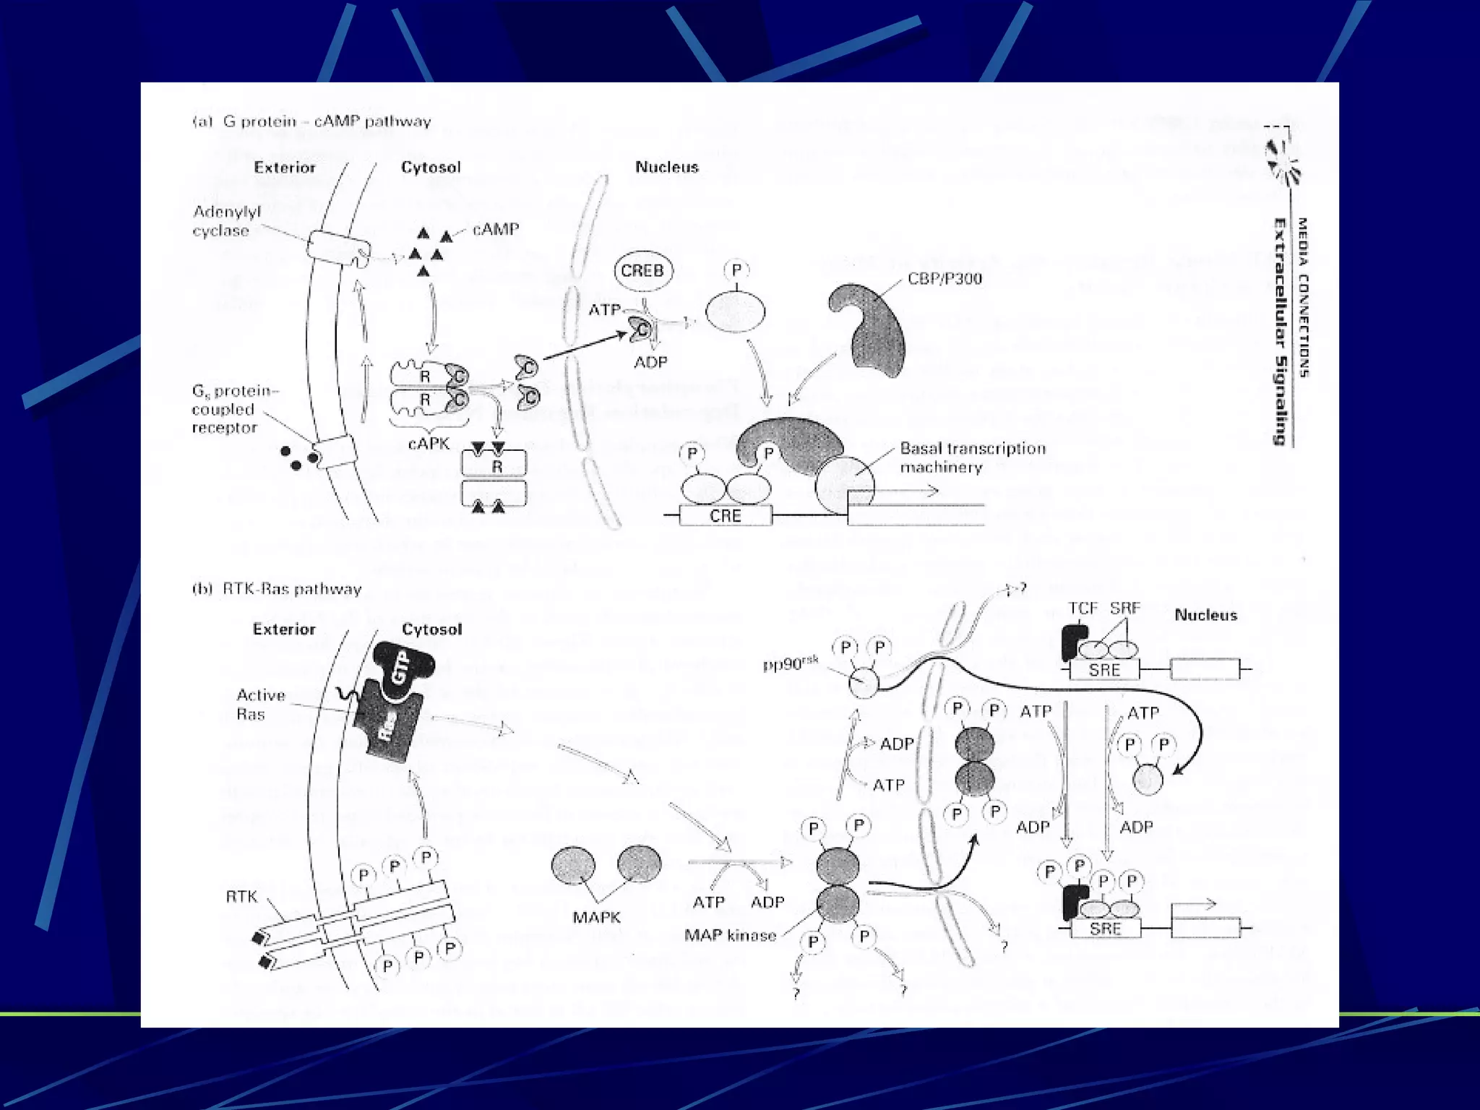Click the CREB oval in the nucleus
642,271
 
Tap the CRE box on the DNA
725,515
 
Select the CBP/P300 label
945,279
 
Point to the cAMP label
496,230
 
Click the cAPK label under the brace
429,443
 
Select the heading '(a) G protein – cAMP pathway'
311,121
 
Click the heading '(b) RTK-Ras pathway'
277,589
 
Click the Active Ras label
260,705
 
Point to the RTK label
241,897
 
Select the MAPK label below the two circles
596,918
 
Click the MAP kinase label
730,936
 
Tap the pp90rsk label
791,663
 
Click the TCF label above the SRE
1083,608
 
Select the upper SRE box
1103,670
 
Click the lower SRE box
1105,929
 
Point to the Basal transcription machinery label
972,457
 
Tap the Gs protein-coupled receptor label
234,409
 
